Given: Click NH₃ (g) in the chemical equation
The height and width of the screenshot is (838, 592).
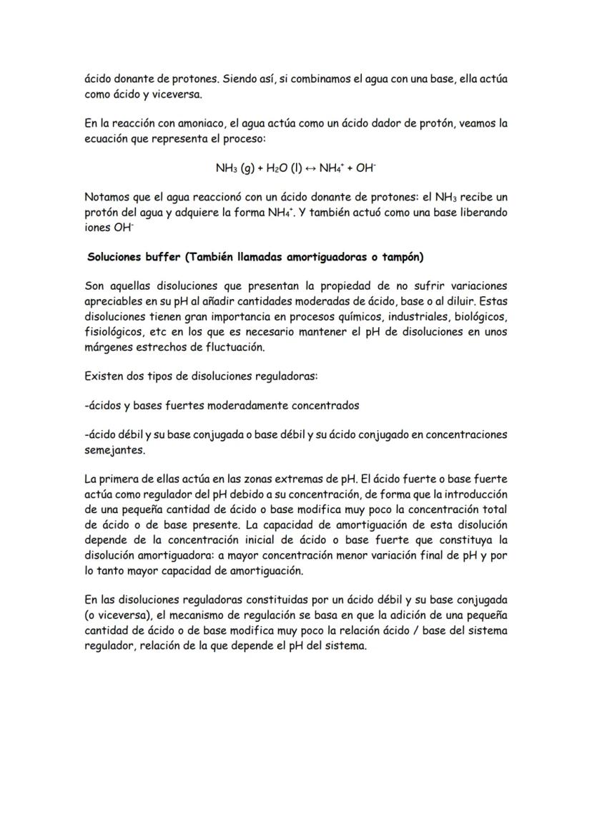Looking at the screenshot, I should point(232,169).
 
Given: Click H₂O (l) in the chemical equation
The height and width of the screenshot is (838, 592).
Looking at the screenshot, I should point(275,169).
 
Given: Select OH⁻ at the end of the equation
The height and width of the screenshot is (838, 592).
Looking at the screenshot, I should point(367,169).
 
